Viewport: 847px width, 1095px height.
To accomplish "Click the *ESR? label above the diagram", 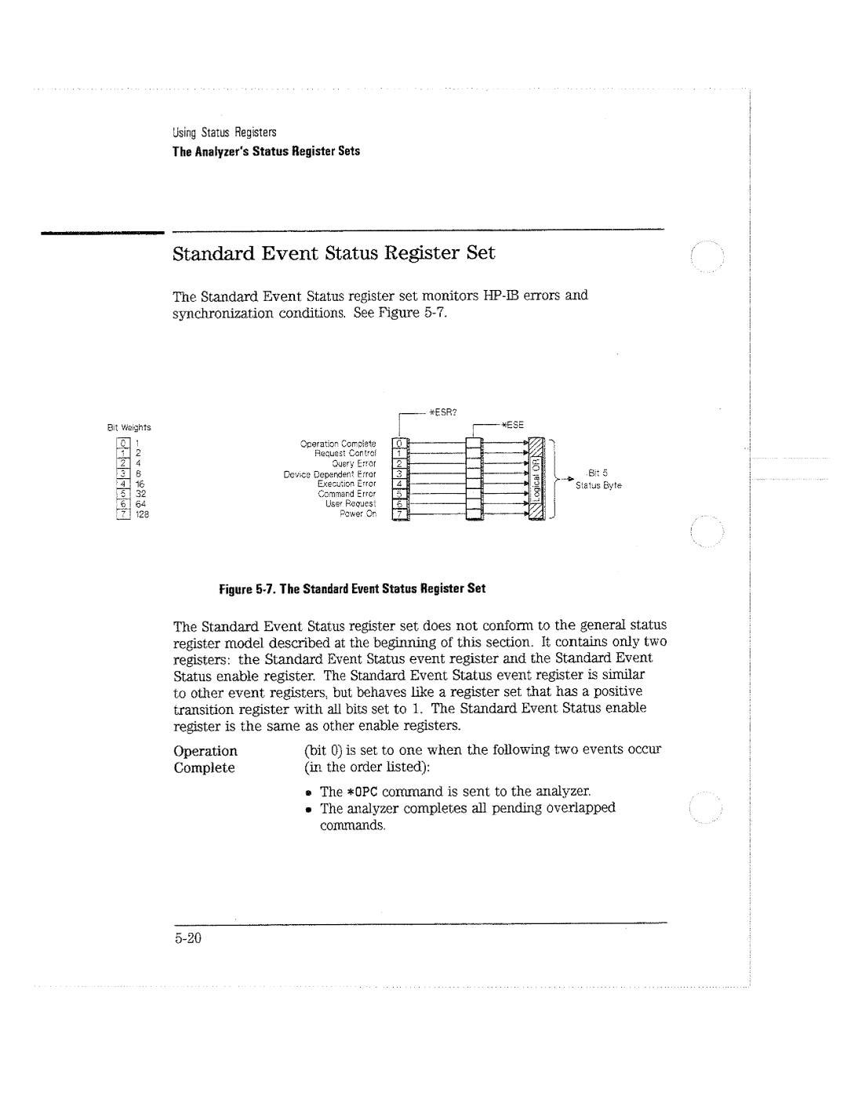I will tap(445, 411).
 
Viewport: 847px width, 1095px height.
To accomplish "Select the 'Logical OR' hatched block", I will tap(540, 477).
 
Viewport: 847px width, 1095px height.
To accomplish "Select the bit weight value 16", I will tap(141, 484).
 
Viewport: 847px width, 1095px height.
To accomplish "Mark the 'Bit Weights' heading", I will tap(129, 428).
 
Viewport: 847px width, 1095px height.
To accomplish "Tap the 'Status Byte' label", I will tap(598, 486).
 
